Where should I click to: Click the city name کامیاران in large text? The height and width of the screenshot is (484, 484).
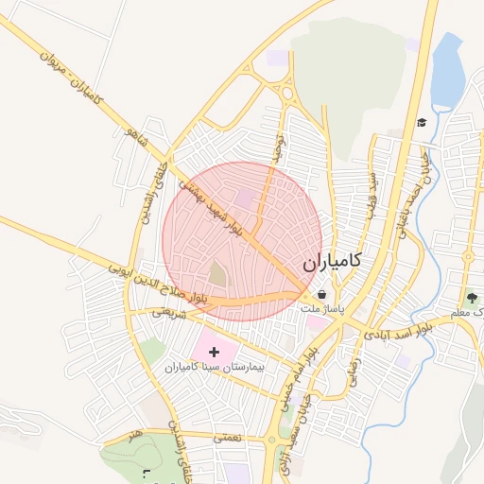tap(336, 265)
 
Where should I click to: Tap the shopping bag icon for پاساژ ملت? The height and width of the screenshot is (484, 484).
tap(323, 295)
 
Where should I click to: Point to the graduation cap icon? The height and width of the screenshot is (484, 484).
tap(422, 122)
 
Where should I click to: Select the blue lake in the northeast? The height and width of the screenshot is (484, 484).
tap(447, 71)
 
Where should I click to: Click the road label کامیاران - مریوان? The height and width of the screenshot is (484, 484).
tap(72, 78)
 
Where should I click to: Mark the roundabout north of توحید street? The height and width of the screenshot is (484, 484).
tap(285, 93)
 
